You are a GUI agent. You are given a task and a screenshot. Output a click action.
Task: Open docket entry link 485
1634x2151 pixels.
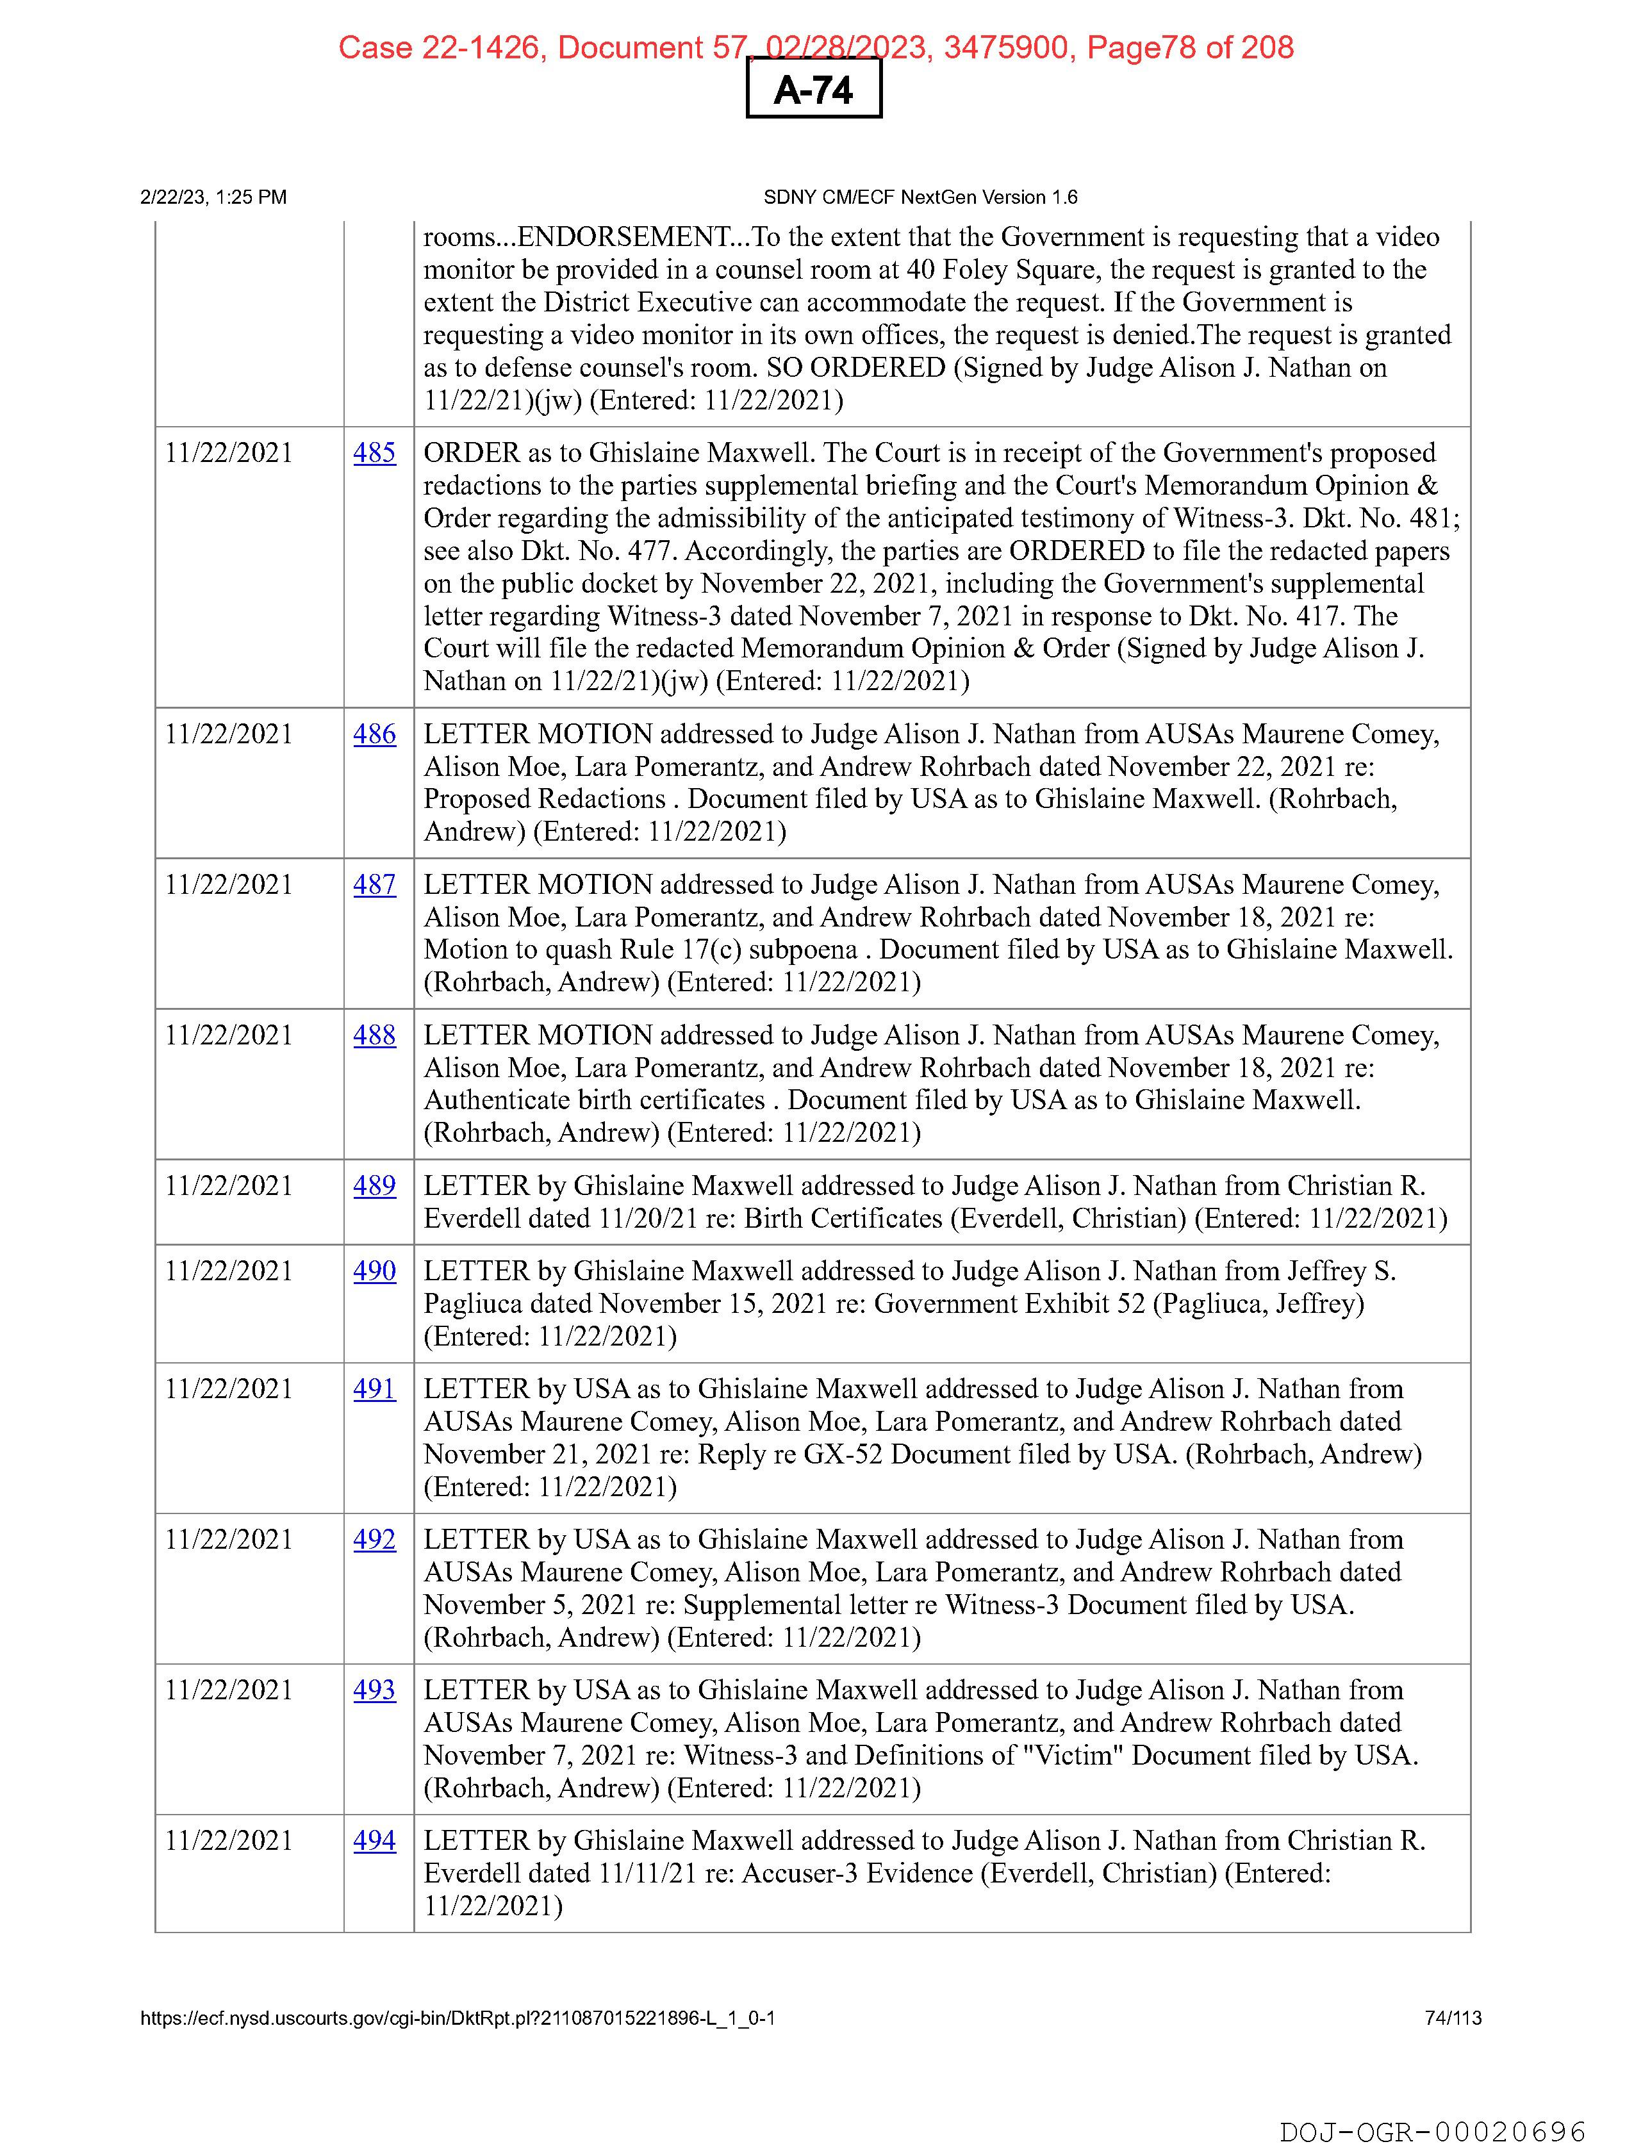coord(374,453)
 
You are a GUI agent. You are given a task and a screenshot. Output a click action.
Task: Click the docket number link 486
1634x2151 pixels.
coord(374,734)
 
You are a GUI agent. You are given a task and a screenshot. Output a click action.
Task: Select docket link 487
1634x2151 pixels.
coord(374,885)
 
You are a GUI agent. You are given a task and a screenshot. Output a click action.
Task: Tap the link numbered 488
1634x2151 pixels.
coord(374,1035)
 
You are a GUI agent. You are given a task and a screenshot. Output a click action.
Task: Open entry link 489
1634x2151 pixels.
coord(374,1187)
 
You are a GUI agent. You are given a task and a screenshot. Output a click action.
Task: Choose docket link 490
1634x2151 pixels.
coord(374,1271)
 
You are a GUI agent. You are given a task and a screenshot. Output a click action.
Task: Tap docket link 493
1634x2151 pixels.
coord(374,1690)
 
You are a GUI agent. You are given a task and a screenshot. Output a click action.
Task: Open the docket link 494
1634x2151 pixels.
coord(374,1841)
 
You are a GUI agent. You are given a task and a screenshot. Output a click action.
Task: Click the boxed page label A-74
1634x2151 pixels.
coord(813,90)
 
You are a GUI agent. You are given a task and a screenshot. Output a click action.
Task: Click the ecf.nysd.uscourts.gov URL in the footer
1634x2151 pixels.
coord(457,2018)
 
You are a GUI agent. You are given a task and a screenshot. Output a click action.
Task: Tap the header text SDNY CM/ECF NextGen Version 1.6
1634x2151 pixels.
coord(920,197)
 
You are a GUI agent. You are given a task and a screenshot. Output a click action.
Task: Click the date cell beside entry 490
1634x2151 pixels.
coord(229,1271)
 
